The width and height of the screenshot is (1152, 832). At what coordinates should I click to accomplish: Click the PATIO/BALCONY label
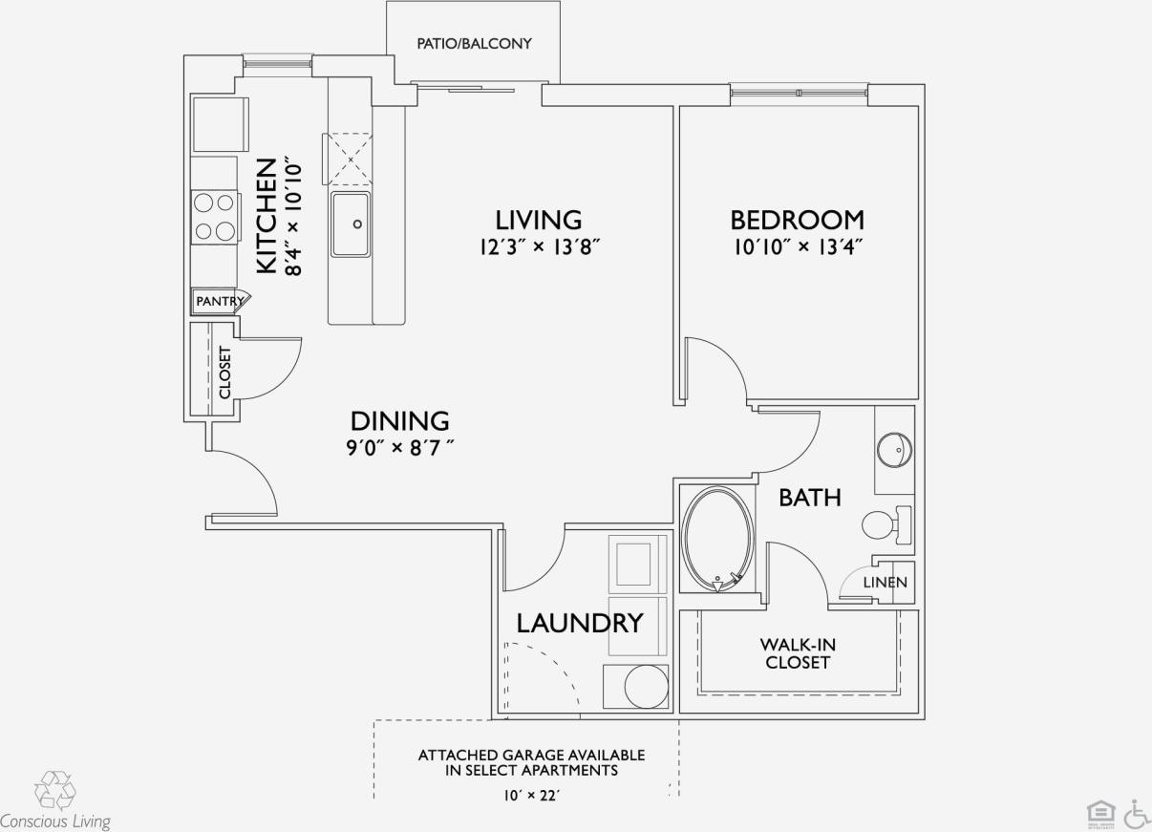click(x=474, y=44)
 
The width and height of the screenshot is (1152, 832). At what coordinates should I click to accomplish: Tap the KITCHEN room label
click(x=267, y=217)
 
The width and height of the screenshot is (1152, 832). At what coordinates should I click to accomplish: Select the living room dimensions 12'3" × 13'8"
click(x=540, y=247)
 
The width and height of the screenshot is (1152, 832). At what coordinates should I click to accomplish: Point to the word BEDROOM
click(x=797, y=221)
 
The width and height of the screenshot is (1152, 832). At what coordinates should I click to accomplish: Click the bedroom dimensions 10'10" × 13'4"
click(x=797, y=247)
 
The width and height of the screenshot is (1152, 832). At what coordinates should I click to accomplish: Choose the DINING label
click(x=399, y=421)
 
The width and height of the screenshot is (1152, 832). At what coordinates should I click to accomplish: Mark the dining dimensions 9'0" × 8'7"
click(x=399, y=447)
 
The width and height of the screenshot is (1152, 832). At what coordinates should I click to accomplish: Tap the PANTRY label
click(x=219, y=301)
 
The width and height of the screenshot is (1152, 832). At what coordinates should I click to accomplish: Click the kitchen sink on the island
click(x=351, y=224)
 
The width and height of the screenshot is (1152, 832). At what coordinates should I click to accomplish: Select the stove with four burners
click(x=214, y=216)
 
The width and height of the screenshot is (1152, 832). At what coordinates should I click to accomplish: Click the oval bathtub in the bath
click(x=716, y=540)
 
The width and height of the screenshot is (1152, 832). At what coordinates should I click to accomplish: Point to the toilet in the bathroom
click(x=884, y=524)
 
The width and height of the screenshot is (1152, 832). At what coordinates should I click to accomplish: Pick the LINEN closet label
click(x=885, y=583)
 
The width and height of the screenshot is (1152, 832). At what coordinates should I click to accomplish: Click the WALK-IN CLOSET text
click(x=798, y=653)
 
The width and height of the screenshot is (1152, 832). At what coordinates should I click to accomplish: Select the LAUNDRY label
click(x=579, y=624)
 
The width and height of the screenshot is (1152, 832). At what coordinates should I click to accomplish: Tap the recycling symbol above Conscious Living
click(x=53, y=790)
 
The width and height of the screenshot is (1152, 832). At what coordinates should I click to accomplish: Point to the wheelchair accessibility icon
click(x=1136, y=814)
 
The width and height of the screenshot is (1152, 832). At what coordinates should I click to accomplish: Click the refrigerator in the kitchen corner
click(x=219, y=123)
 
